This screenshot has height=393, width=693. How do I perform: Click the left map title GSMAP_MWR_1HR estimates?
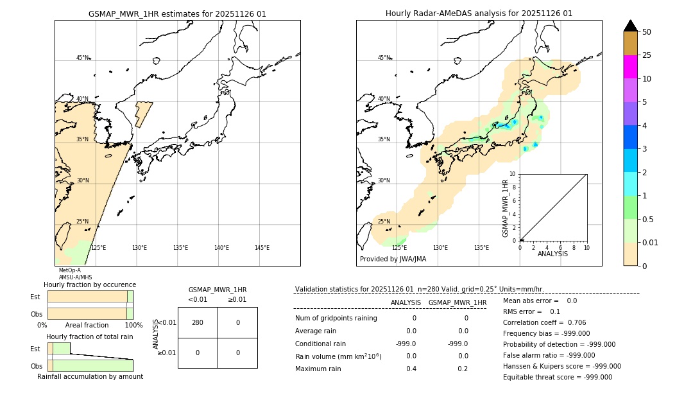point(177,13)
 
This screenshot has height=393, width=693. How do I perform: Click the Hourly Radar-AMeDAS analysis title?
point(479,13)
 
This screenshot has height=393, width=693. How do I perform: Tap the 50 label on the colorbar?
point(647,32)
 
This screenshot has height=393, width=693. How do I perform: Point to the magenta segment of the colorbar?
point(631,67)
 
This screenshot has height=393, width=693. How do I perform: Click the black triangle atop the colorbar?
point(631,26)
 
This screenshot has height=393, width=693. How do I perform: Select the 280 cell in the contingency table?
point(198,322)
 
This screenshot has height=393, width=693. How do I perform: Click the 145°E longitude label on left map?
point(262,248)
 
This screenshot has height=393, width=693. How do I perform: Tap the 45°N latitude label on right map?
point(383,58)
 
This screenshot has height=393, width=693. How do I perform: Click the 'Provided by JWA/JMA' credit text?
point(393,259)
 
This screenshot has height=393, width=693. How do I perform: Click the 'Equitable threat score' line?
point(557,377)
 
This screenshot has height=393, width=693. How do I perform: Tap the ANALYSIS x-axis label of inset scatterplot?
point(552,254)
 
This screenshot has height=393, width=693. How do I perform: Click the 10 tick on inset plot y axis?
point(513,174)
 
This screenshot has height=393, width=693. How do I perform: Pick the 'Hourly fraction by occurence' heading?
point(90,284)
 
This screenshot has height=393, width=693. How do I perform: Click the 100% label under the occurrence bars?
point(133,326)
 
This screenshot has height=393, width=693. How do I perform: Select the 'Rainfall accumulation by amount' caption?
point(90,376)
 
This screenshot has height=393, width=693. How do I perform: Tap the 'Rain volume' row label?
point(338,356)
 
